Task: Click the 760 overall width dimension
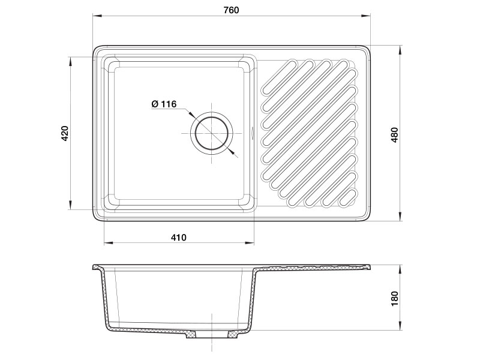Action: point(231,10)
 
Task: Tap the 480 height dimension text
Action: point(395,134)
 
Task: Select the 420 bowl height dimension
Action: point(65,133)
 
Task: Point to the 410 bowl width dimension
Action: point(179,237)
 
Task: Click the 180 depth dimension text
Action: point(395,298)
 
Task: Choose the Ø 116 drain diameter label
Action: point(164,104)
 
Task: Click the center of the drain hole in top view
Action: point(212,134)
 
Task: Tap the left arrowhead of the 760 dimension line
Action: point(97,16)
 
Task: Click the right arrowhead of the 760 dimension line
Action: point(366,16)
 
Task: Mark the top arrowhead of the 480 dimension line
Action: point(400,50)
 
